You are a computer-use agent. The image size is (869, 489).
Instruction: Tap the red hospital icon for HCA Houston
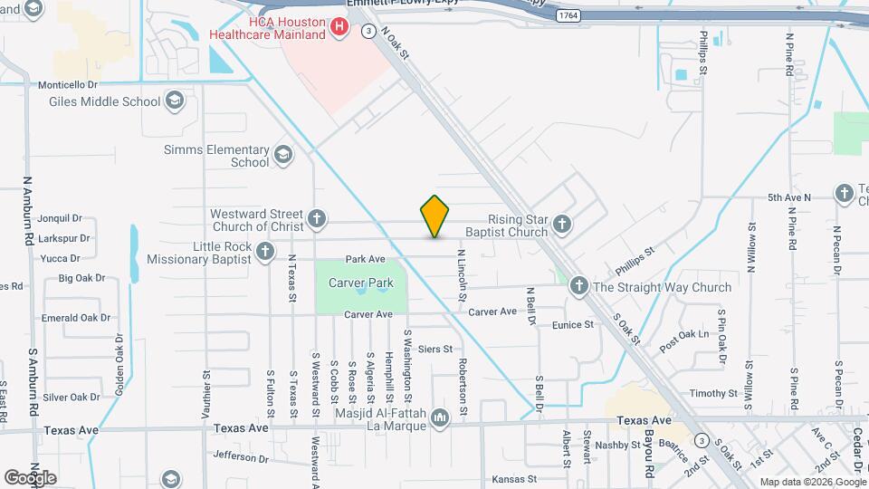(x=339, y=27)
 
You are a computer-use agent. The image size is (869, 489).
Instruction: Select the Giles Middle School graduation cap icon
(x=175, y=101)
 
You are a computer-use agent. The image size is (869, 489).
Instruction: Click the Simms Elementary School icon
(x=284, y=156)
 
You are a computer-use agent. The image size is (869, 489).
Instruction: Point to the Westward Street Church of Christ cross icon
(x=316, y=218)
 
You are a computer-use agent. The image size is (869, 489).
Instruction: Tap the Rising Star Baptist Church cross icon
(x=562, y=225)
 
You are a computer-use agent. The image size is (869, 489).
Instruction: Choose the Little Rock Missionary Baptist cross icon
(x=265, y=252)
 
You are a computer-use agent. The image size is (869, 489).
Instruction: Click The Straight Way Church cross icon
(x=579, y=287)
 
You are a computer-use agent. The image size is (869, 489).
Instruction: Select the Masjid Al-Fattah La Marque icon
(x=441, y=417)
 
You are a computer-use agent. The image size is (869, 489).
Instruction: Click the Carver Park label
(x=360, y=283)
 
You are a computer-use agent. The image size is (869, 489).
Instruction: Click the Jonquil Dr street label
(x=62, y=218)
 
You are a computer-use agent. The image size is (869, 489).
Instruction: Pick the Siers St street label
(x=434, y=348)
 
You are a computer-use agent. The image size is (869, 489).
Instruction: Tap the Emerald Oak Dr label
(x=76, y=318)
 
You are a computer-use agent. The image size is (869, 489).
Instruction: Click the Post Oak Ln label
(x=683, y=335)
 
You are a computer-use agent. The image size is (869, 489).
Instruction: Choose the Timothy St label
(x=713, y=393)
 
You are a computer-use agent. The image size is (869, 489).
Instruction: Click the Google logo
(x=31, y=477)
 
